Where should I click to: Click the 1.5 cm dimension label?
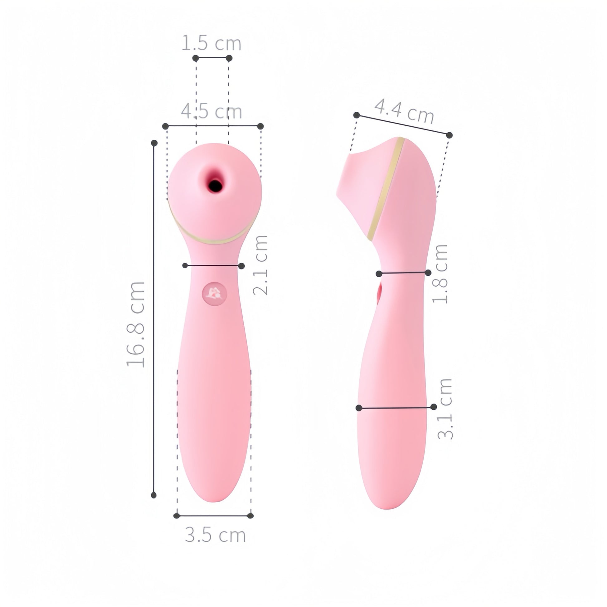click(x=211, y=43)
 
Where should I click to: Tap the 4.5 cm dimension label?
click(x=211, y=112)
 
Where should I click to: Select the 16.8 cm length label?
click(x=136, y=324)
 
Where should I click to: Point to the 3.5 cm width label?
click(x=215, y=535)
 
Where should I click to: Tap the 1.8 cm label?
click(x=440, y=274)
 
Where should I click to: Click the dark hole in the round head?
click(x=216, y=185)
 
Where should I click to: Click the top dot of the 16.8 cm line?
click(x=154, y=143)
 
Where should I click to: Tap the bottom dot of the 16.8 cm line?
click(x=154, y=495)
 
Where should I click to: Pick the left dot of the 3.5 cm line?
click(x=177, y=516)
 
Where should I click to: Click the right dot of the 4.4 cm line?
click(x=449, y=135)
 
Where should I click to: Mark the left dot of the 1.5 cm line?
click(x=196, y=58)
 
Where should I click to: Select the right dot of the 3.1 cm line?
click(x=434, y=407)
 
